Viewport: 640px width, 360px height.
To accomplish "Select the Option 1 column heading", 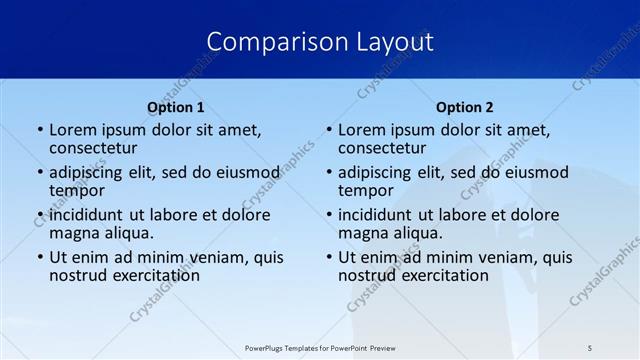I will tap(176, 107).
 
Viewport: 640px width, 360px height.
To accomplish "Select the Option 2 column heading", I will tap(465, 107).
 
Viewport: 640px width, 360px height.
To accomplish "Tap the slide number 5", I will tap(591, 347).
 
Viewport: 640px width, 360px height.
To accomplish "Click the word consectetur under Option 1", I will tap(93, 148).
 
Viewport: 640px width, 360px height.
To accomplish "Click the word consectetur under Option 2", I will tap(382, 148).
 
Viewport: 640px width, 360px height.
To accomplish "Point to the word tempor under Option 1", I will tap(76, 190).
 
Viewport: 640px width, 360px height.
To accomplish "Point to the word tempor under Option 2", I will tap(365, 190).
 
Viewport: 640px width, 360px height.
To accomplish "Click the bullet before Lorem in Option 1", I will tap(40, 130).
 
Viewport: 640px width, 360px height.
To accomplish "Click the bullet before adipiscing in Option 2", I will tap(329, 172).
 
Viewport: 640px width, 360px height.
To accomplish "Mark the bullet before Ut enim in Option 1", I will tap(40, 257).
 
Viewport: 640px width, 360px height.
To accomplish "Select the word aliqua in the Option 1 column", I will tap(127, 233).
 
